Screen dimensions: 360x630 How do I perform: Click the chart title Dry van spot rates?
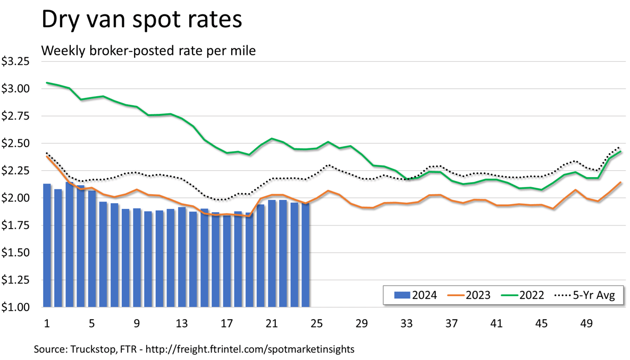pos(141,20)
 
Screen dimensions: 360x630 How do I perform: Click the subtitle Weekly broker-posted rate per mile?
pos(148,51)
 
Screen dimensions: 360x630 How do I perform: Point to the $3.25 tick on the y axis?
pos(15,62)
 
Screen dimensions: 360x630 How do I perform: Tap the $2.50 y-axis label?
pos(15,144)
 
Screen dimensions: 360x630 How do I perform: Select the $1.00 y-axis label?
pos(15,307)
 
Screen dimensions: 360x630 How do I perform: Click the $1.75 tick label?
pos(15,225)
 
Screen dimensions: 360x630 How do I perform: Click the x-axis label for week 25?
pos(316,323)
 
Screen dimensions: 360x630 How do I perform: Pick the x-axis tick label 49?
pos(586,323)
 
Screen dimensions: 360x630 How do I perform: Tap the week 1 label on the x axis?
pos(47,323)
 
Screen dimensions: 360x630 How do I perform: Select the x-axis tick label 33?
pos(406,323)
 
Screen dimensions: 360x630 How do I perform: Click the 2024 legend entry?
pos(416,295)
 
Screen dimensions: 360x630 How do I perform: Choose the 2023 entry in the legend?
pos(470,295)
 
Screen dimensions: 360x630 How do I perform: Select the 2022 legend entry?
pos(524,295)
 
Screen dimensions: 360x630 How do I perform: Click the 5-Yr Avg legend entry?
pos(584,295)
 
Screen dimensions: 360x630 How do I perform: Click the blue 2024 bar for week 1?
pos(47,245)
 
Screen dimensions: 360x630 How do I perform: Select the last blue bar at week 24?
pos(306,255)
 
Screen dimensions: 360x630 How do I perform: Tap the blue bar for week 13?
pos(182,257)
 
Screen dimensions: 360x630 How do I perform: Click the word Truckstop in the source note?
pos(90,349)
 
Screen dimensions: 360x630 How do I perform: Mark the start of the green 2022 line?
pos(47,83)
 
